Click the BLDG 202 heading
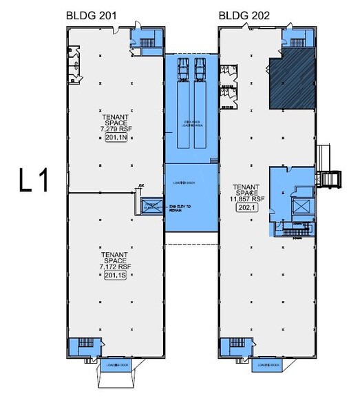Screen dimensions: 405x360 244,15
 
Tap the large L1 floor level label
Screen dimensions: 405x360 34,180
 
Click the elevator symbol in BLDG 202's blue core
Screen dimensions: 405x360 301,208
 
